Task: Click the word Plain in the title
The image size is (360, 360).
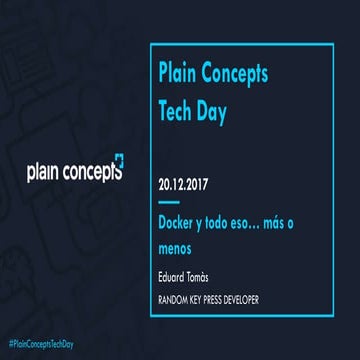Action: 178,73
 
